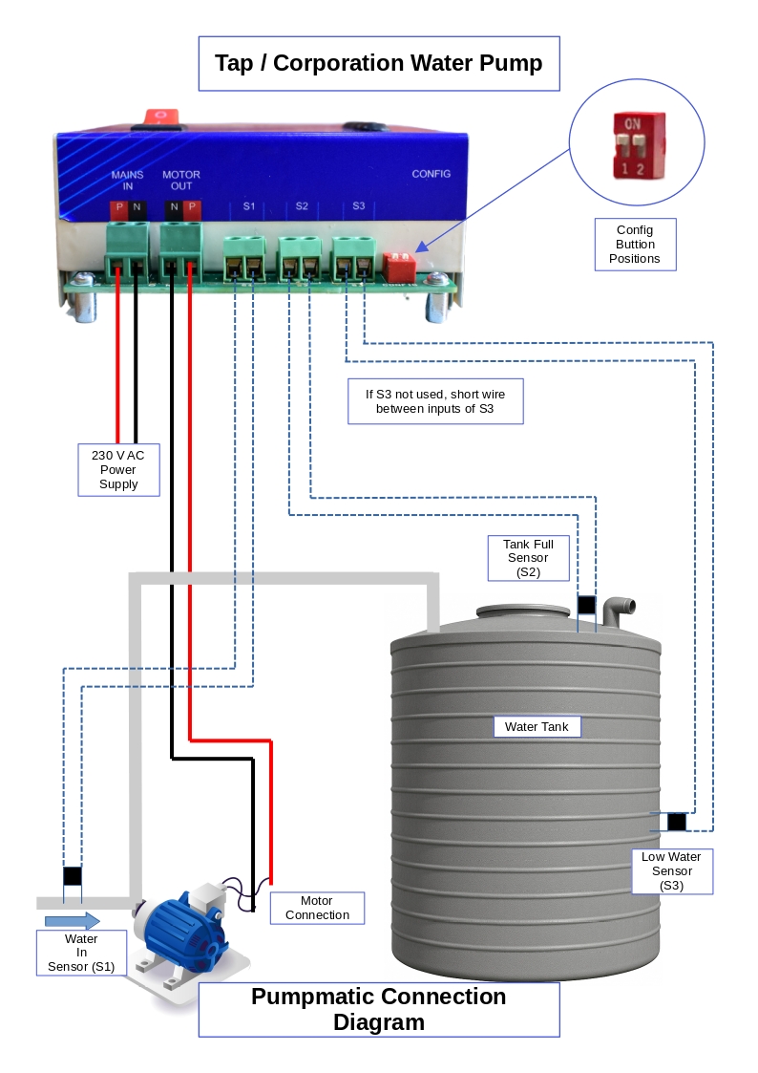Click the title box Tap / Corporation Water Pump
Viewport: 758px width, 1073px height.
(378, 64)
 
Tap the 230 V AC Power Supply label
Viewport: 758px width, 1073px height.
(118, 469)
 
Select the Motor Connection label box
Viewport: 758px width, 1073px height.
(317, 908)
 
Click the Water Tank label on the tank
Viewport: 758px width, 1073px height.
(537, 727)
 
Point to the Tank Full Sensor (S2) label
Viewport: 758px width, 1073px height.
(528, 558)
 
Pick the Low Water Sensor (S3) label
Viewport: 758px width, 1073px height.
(671, 871)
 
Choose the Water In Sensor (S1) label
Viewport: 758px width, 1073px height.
(81, 953)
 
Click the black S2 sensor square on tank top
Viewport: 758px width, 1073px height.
(586, 605)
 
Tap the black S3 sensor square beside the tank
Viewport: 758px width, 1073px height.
(677, 822)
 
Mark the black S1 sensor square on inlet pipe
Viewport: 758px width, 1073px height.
(73, 875)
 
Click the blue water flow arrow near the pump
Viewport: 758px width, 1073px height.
(73, 921)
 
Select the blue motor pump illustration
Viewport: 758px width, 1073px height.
(180, 936)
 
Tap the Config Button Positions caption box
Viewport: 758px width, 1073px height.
(635, 245)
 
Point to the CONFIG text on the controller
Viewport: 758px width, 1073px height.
(431, 174)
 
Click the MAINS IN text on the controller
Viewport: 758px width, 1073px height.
(127, 181)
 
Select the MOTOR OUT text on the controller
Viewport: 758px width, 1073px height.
(181, 181)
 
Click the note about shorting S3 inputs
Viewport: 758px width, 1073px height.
(434, 401)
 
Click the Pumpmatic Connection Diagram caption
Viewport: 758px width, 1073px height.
(378, 1009)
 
